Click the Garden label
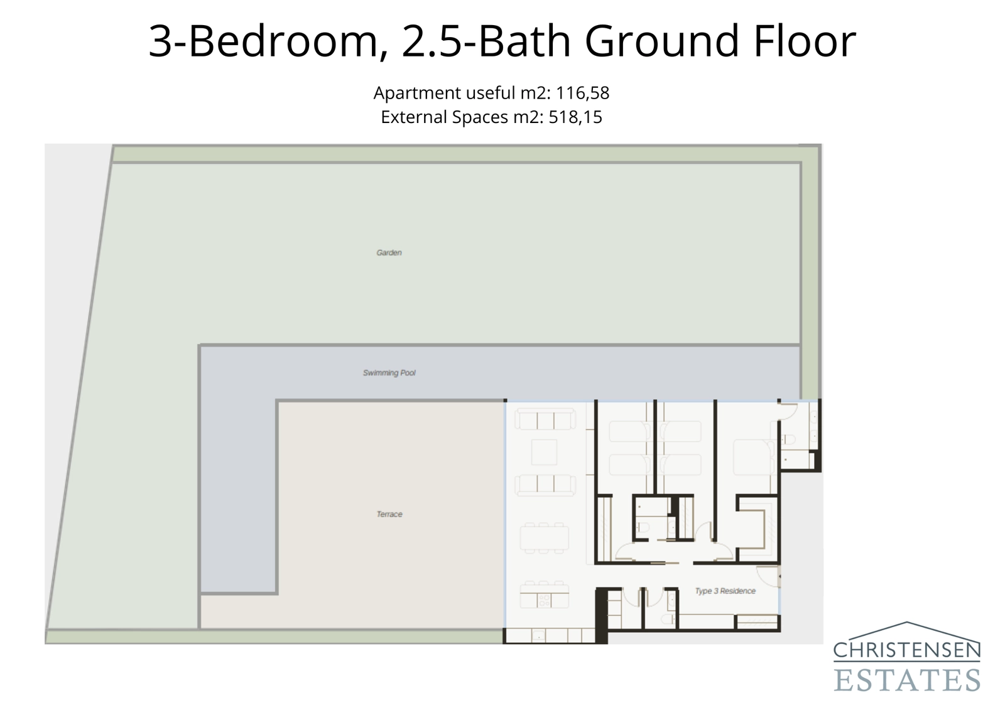point(389,252)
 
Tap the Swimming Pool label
point(389,373)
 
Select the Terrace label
point(389,514)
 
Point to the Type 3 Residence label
point(725,591)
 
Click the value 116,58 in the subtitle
point(582,93)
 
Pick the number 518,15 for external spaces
point(575,117)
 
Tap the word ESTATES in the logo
point(907,680)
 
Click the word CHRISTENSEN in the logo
point(907,650)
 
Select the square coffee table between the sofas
point(544,452)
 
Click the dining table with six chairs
point(544,538)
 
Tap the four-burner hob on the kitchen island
point(544,601)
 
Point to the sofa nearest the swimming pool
point(545,419)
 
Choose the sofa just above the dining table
point(545,484)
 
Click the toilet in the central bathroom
point(643,528)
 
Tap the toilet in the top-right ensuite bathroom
point(791,439)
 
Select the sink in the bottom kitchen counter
point(539,636)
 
